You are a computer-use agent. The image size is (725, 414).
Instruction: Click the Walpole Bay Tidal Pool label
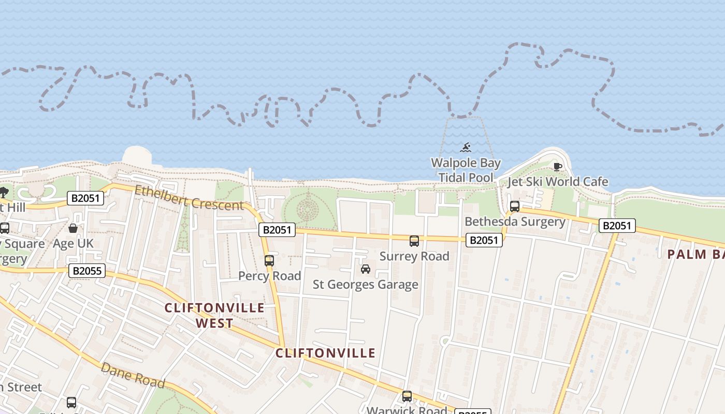point(466,170)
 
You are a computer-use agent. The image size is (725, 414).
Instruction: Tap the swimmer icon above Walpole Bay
point(466,147)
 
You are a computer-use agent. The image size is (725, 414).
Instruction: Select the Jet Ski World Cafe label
point(557,182)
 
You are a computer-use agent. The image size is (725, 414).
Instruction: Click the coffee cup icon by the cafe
point(557,167)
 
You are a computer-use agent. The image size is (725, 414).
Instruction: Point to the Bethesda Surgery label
point(515,221)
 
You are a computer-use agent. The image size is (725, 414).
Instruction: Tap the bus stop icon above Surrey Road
point(414,241)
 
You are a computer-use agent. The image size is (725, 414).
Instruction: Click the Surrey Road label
point(414,256)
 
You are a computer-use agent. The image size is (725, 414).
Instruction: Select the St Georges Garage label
point(366,284)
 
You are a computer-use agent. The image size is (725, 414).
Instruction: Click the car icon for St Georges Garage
point(366,269)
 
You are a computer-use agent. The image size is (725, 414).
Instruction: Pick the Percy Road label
point(269,276)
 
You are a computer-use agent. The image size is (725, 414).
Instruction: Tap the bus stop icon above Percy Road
point(269,260)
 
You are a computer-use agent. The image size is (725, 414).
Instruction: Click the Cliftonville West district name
point(214,315)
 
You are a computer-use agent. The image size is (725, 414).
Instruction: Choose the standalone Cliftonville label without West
point(325,353)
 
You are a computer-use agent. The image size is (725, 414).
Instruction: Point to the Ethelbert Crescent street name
point(189,197)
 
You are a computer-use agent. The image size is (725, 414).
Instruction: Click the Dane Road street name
point(133,376)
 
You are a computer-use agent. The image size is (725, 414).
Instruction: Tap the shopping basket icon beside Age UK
point(73,228)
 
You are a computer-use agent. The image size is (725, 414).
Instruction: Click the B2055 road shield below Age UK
point(87,270)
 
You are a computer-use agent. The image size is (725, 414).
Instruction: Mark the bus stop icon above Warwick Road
point(407,396)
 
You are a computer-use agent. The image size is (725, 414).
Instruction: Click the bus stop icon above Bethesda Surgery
point(515,206)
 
